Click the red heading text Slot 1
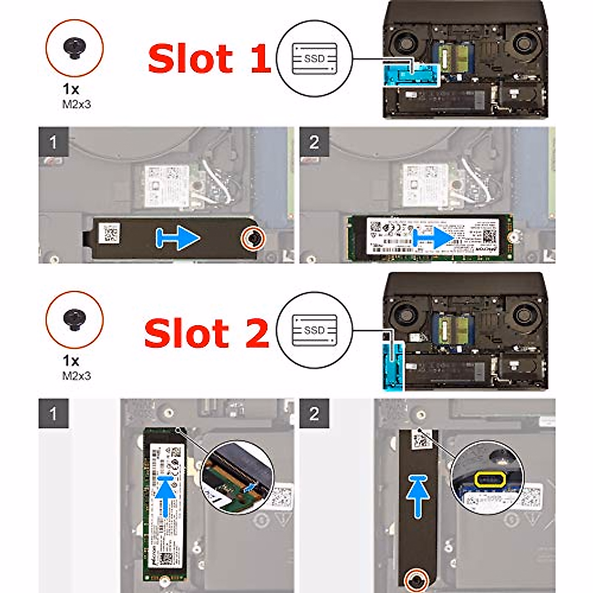209,59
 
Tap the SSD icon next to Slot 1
314,59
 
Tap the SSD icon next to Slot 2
314,330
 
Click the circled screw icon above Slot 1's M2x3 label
75,48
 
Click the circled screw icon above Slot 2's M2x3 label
75,320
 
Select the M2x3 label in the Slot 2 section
76,376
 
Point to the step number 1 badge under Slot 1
53,143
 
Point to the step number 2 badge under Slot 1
314,143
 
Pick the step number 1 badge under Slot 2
53,414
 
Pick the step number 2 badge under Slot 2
314,414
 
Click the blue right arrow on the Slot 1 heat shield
178,238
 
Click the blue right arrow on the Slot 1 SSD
434,238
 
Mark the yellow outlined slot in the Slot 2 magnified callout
489,478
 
